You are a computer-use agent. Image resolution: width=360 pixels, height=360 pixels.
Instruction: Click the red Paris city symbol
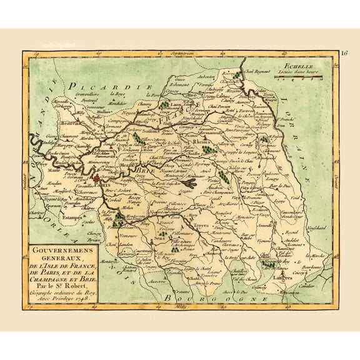pyautogui.click(x=98, y=178)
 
